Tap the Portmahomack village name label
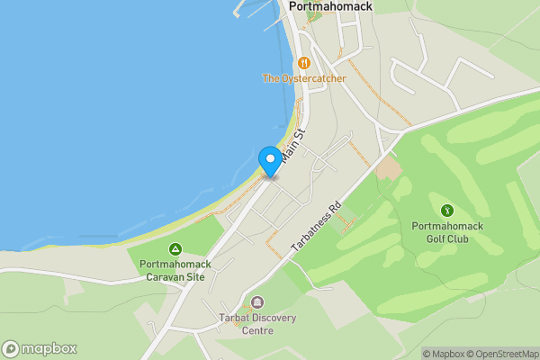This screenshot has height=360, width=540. pyautogui.click(x=330, y=6)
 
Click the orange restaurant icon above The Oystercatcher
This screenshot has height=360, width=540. pyautogui.click(x=304, y=63)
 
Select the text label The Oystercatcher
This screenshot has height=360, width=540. pyautogui.click(x=303, y=78)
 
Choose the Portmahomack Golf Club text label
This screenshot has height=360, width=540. pyautogui.click(x=446, y=232)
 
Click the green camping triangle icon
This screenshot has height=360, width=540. pyautogui.click(x=175, y=248)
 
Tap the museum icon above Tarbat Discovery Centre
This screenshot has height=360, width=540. pyautogui.click(x=258, y=302)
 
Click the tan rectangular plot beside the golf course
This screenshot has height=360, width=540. pyautogui.click(x=388, y=167)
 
